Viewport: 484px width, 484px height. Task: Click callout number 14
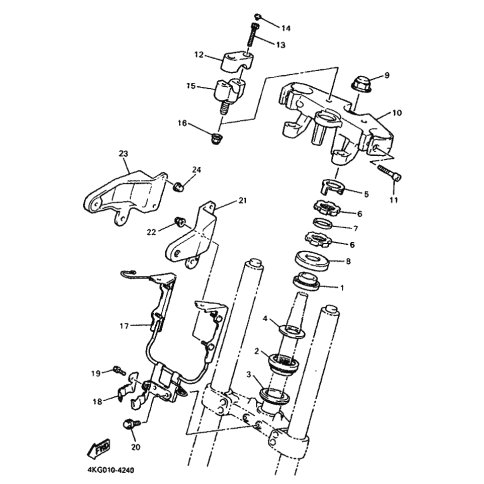pos(286,28)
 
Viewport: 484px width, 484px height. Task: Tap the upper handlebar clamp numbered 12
pos(236,61)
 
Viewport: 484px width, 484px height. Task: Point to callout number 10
pos(397,113)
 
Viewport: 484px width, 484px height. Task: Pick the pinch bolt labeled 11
pos(389,173)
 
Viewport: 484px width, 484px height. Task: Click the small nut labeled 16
pos(218,138)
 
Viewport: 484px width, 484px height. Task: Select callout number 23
pos(123,154)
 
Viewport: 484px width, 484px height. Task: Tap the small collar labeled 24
pos(179,186)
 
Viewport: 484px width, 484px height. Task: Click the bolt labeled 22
pos(180,221)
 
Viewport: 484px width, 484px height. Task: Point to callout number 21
pos(242,200)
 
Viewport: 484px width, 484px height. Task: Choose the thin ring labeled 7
pos(323,223)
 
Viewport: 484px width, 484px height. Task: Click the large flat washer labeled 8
pos(312,260)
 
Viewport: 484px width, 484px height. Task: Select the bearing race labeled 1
pos(307,282)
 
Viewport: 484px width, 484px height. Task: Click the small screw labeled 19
pos(119,369)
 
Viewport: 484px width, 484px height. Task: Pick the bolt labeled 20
pos(132,424)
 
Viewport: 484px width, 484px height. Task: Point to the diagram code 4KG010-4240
pos(111,470)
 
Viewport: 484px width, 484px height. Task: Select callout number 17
pos(124,326)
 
